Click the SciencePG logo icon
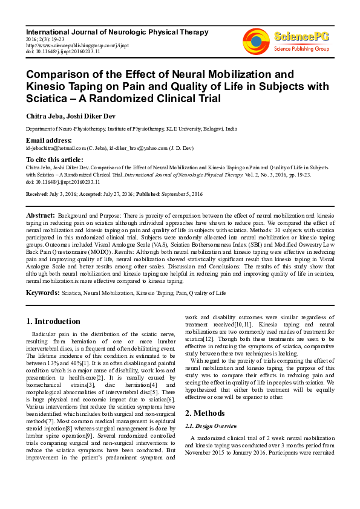click(256, 39)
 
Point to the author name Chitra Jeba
click(45, 115)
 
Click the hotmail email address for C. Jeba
click(61, 148)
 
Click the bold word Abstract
click(41, 215)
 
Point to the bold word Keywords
click(42, 293)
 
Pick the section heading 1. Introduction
click(54, 322)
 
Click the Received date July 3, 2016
click(61, 193)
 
